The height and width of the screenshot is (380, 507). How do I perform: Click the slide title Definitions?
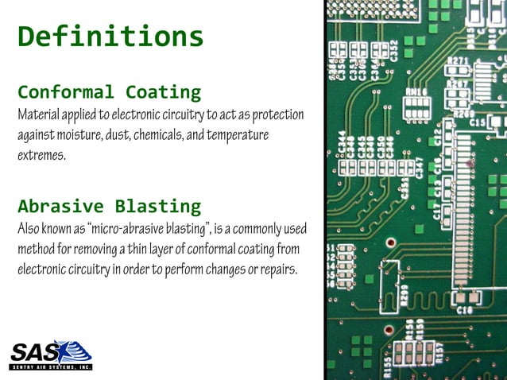point(110,36)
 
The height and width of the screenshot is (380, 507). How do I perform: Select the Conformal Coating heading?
point(109,91)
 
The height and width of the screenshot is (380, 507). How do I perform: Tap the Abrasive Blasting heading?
point(109,207)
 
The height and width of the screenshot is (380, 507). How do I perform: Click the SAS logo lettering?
point(40,351)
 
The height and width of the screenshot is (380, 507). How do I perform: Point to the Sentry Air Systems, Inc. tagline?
point(51,367)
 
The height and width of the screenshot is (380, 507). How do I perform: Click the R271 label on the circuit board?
point(456,60)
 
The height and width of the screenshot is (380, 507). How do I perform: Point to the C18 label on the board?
point(465,308)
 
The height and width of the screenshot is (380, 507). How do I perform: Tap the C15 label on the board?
point(478,123)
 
